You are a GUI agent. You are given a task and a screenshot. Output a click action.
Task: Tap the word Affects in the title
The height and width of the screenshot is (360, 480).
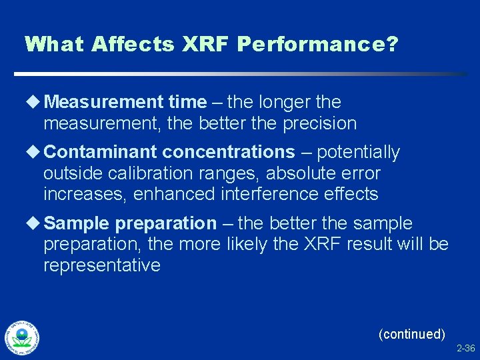click(x=132, y=45)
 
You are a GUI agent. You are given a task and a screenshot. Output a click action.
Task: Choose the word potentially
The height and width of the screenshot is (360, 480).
click(x=358, y=153)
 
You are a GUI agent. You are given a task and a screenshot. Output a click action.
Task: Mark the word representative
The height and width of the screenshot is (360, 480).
click(x=101, y=265)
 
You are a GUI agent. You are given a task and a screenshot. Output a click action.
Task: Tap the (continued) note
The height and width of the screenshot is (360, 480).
click(x=411, y=334)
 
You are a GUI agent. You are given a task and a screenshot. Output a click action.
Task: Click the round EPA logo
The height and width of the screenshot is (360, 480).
click(x=21, y=337)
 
